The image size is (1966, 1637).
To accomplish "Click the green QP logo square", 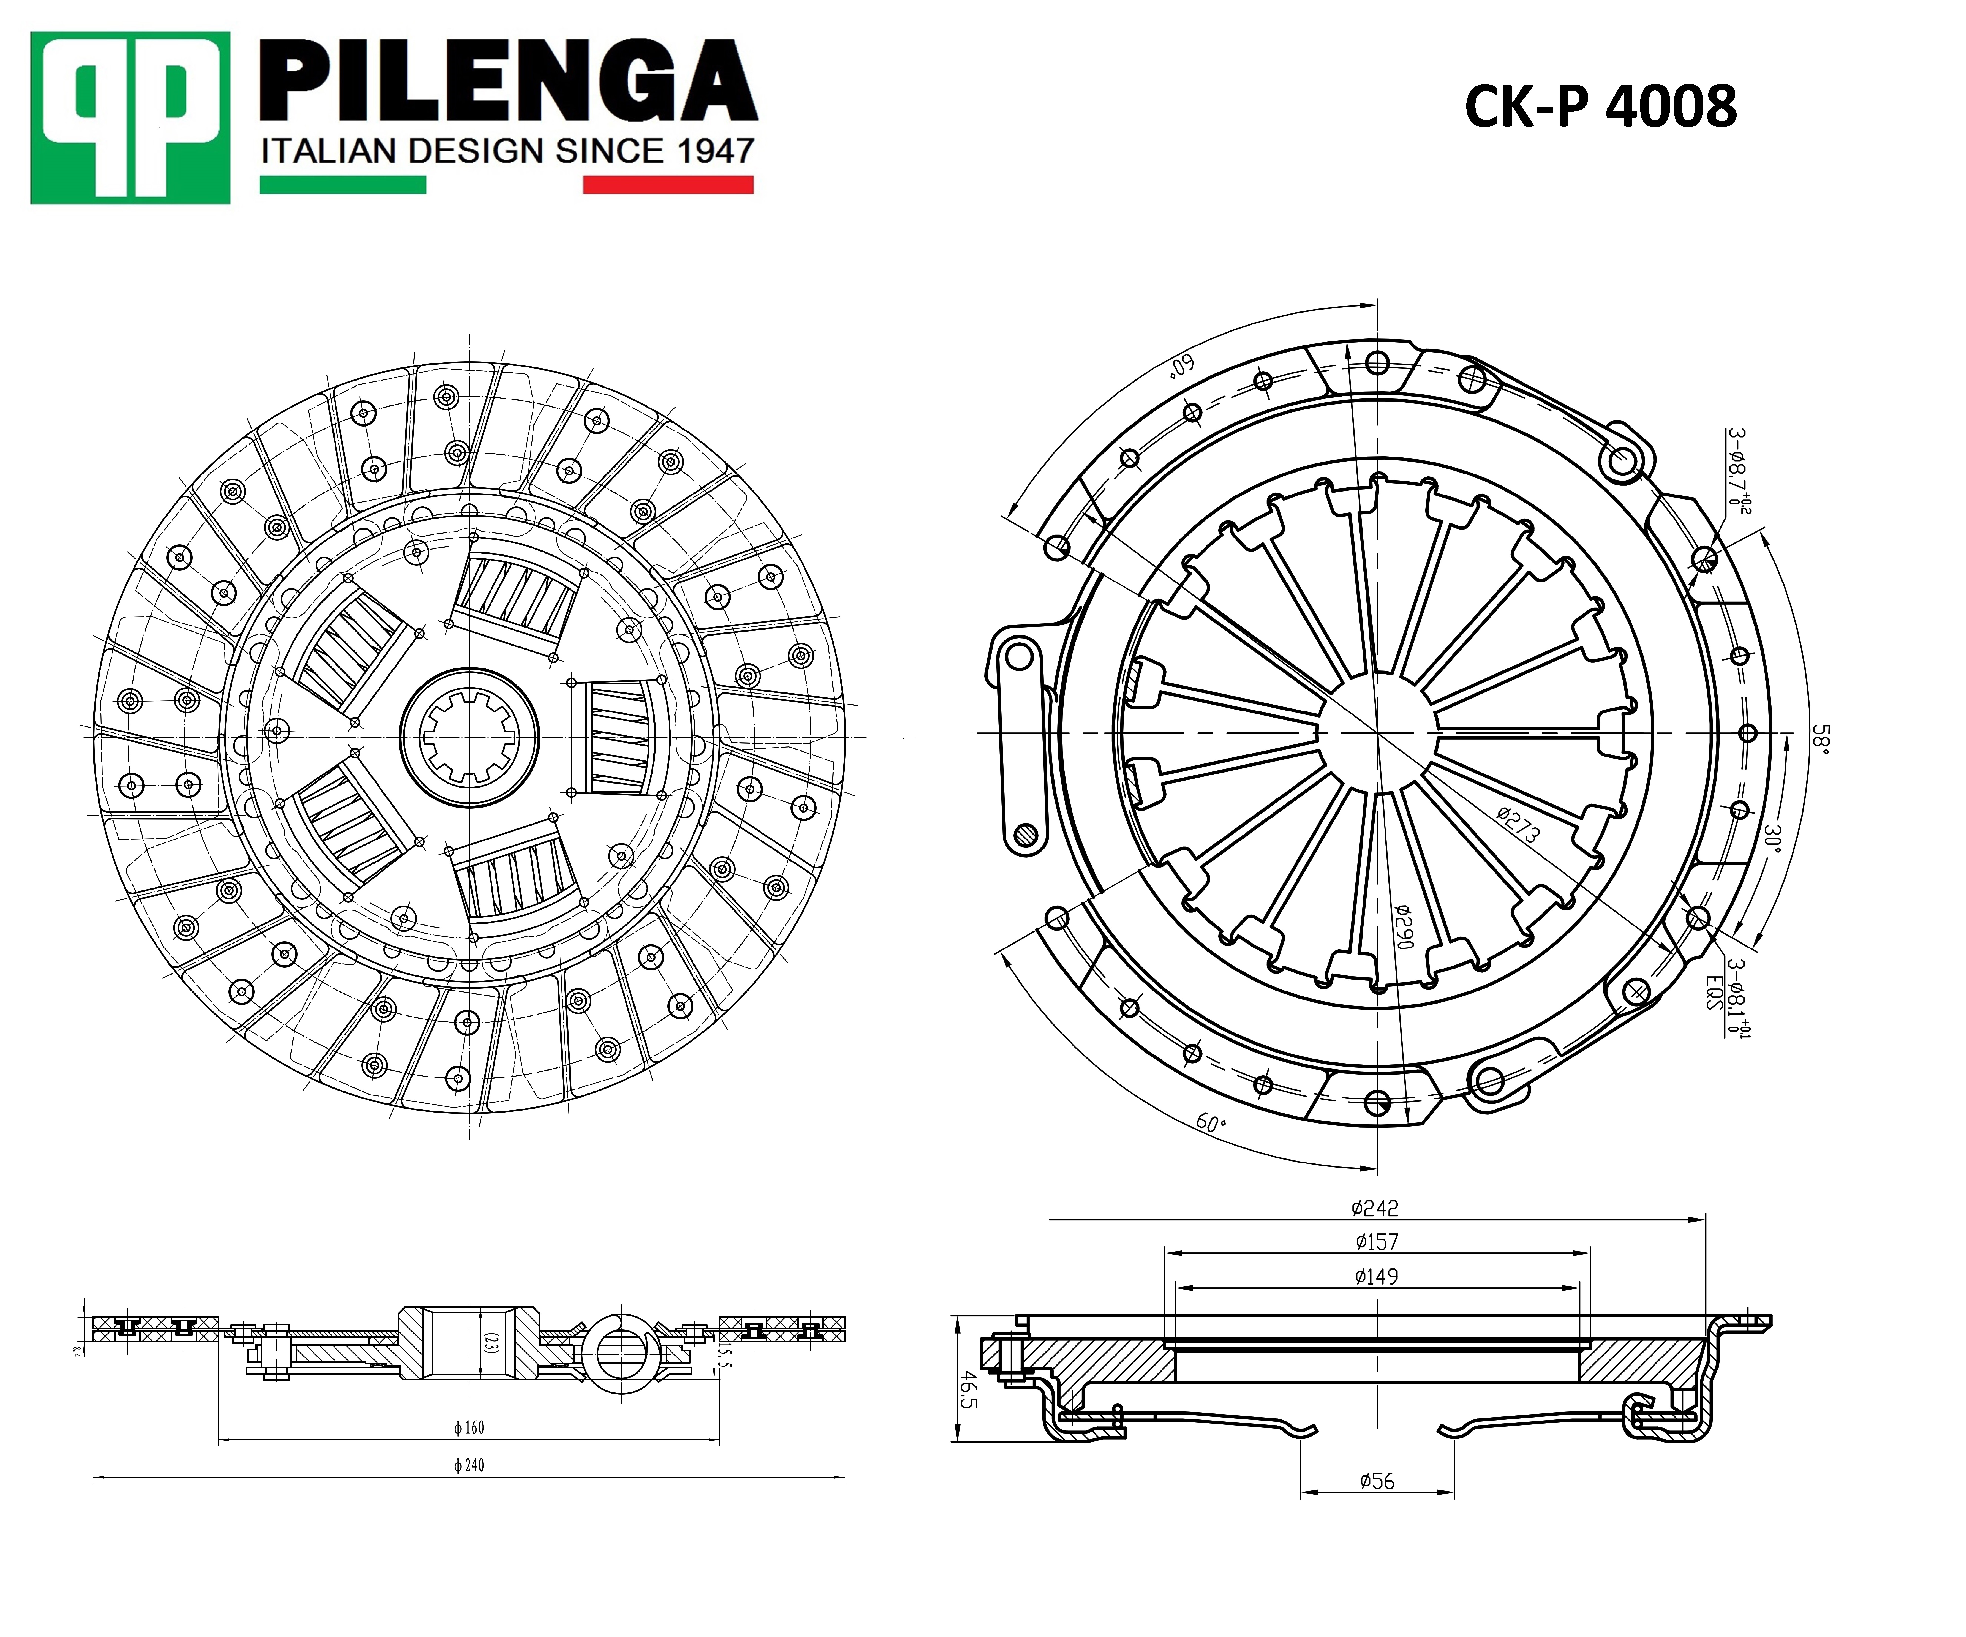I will (130, 118).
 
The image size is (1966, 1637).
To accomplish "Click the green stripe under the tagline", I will (343, 185).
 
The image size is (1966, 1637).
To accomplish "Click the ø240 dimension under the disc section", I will (469, 1465).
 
